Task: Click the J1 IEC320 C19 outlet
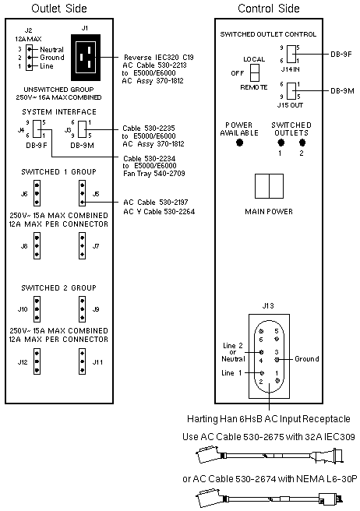[86, 58]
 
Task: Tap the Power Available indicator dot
[240, 143]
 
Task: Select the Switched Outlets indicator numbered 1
[281, 143]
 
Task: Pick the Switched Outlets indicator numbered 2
[302, 143]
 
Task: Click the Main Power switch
[269, 186]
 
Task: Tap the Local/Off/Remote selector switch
[255, 72]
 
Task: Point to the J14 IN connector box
[291, 54]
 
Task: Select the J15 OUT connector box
[291, 90]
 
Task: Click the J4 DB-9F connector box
[37, 129]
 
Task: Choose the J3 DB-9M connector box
[83, 129]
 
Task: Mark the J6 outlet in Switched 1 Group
[37, 194]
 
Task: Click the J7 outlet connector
[82, 245]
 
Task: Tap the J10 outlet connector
[37, 309]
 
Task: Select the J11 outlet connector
[82, 361]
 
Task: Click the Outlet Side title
[59, 8]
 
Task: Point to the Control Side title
[269, 8]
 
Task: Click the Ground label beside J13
[307, 359]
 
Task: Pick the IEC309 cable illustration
[270, 455]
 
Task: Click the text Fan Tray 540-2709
[154, 174]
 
